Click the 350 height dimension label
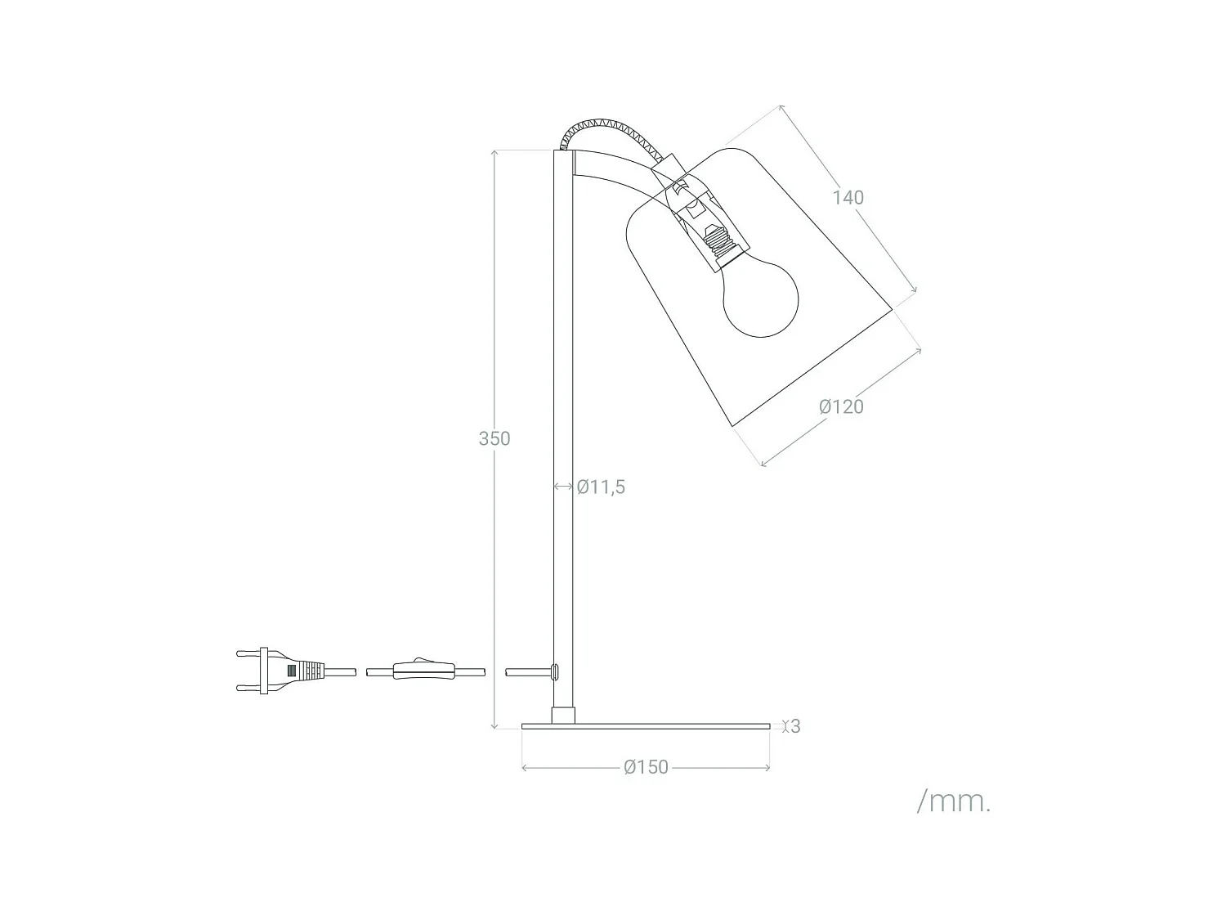click(494, 438)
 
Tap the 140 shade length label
click(848, 197)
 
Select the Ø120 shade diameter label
click(841, 406)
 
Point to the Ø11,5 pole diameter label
click(601, 487)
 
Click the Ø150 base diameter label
click(646, 767)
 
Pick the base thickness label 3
click(796, 726)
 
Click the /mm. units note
click(954, 801)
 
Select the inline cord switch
click(423, 671)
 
